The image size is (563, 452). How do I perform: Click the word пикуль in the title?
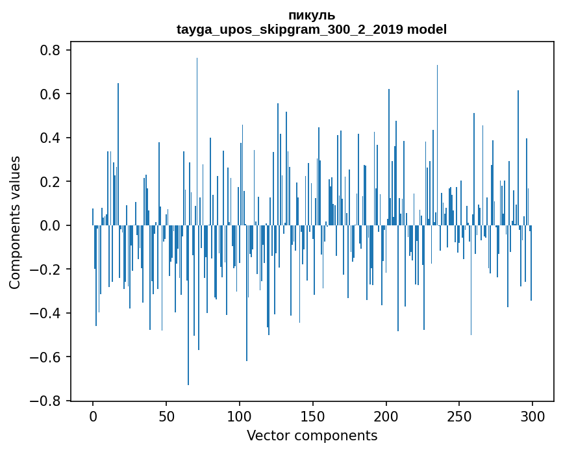click(x=312, y=15)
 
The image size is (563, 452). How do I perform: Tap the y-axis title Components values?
click(x=15, y=222)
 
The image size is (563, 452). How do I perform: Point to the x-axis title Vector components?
click(x=312, y=435)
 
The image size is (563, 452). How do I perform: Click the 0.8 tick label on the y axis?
click(x=50, y=51)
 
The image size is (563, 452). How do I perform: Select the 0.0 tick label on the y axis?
click(x=50, y=226)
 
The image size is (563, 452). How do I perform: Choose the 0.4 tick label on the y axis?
click(x=50, y=138)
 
